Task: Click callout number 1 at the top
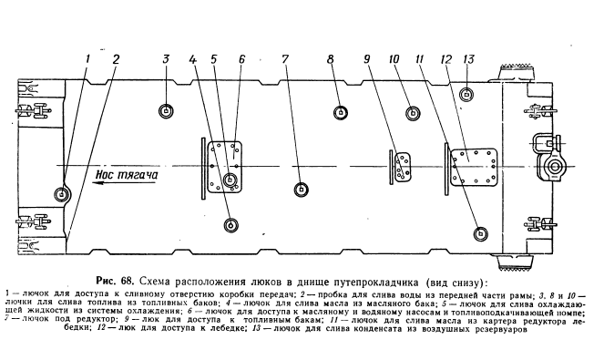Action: (x=87, y=59)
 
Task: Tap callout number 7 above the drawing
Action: (x=285, y=59)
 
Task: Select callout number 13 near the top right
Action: (x=467, y=59)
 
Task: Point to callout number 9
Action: (x=367, y=59)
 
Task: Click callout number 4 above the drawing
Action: (x=193, y=59)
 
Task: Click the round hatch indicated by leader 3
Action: (x=166, y=111)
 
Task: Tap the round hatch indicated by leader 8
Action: (x=340, y=112)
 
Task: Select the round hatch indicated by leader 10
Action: (x=414, y=113)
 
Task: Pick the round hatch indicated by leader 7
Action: (x=301, y=189)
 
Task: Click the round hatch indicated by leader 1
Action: (x=62, y=194)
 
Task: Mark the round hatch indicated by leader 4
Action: (x=230, y=224)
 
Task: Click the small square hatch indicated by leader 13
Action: (x=466, y=94)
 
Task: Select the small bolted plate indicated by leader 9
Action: (x=402, y=165)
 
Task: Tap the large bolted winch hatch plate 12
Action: (x=476, y=166)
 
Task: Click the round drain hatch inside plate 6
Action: (x=230, y=180)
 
